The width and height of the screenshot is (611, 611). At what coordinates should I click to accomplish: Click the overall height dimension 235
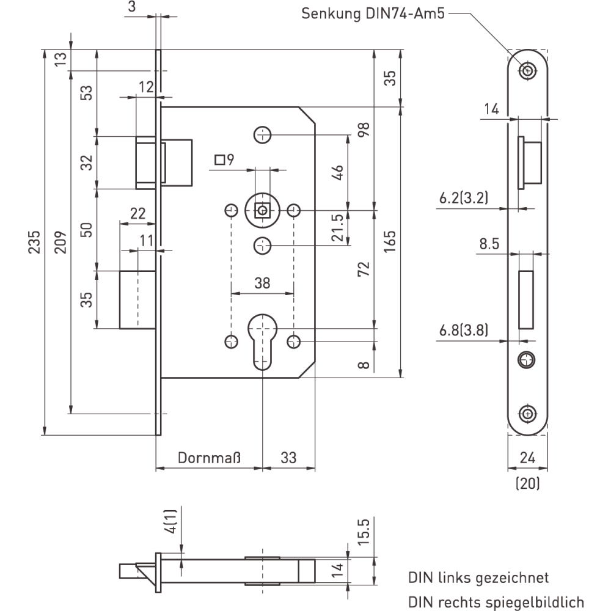[34, 242]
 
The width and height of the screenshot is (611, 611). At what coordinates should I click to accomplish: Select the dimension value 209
[60, 242]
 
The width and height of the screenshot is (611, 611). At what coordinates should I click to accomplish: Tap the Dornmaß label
[209, 458]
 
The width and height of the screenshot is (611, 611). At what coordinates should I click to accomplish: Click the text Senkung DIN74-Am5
[373, 13]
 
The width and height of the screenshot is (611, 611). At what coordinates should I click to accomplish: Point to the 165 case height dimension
[390, 241]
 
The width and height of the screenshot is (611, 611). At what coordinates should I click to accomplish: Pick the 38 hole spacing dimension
[262, 283]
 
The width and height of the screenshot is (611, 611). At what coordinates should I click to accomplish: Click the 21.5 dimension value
[337, 227]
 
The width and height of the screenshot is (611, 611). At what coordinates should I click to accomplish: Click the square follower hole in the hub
[262, 211]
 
